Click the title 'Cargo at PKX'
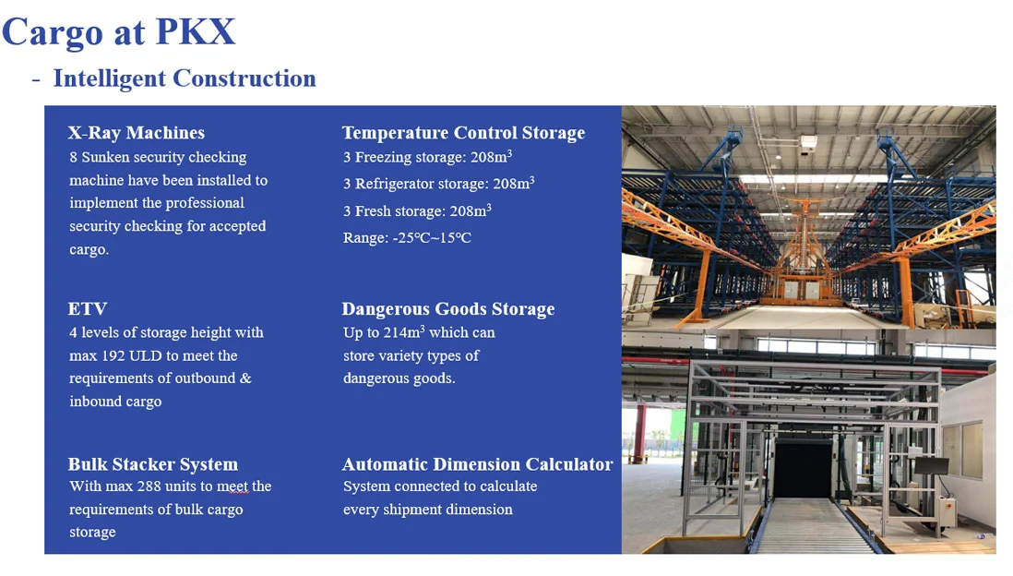click(x=119, y=32)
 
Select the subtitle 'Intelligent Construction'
click(x=185, y=78)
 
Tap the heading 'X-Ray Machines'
click(x=137, y=133)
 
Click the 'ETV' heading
click(x=88, y=308)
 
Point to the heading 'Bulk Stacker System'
click(x=153, y=464)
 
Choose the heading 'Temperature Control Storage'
click(x=463, y=133)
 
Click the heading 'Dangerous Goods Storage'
click(x=447, y=309)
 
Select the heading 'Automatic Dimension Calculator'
click(x=477, y=464)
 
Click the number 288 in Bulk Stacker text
click(x=149, y=486)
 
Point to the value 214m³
click(x=404, y=332)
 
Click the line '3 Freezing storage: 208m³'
click(x=427, y=157)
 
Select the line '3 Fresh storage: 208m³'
click(x=417, y=210)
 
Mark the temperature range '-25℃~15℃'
click(x=432, y=238)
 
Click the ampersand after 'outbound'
click(x=245, y=378)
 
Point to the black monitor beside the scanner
click(x=931, y=466)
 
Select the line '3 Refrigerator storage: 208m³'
click(x=438, y=184)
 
